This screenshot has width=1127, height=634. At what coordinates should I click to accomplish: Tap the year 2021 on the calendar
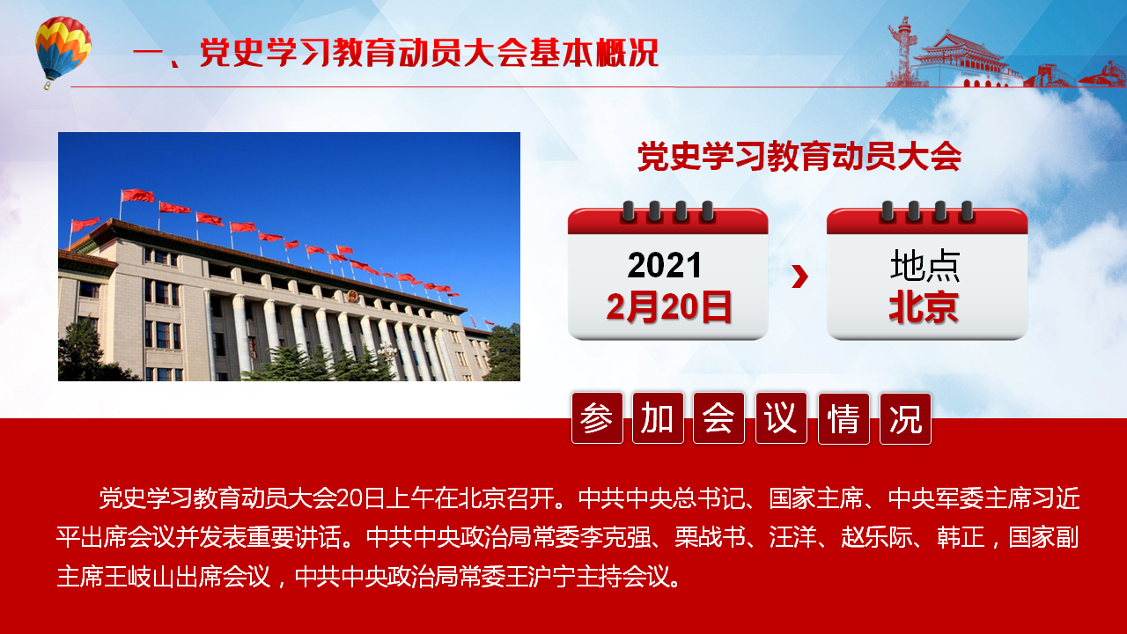point(664,265)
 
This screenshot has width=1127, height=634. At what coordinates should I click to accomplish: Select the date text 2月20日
point(668,307)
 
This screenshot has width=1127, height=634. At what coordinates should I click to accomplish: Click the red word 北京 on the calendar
point(924,307)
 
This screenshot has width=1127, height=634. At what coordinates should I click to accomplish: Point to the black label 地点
point(924,265)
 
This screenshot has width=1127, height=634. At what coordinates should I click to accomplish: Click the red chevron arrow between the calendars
point(799,276)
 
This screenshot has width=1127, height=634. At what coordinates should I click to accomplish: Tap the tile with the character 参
point(597,418)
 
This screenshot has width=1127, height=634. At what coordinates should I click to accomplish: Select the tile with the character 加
point(658,418)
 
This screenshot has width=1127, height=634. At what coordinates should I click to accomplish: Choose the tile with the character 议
point(781,418)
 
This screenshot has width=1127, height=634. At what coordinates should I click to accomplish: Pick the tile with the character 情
point(843,418)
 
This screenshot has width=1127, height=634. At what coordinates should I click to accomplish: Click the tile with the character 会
point(718,418)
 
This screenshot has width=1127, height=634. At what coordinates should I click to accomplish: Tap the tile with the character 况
point(905,418)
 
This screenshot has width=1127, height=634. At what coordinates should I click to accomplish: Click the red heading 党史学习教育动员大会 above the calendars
point(799,157)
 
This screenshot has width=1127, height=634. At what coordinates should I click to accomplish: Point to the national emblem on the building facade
point(351,296)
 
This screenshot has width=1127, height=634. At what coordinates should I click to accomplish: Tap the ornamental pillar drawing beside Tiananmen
point(903,51)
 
